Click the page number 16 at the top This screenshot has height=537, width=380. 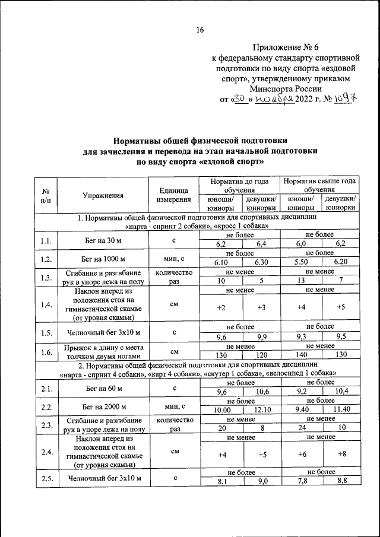(x=200, y=30)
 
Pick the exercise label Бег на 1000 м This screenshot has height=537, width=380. (x=103, y=259)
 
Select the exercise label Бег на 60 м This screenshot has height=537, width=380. (x=103, y=388)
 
